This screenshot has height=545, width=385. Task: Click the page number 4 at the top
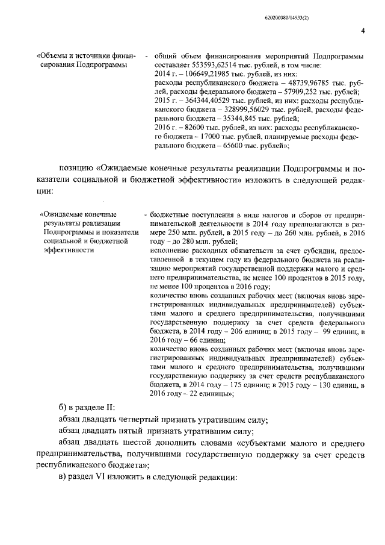click(363, 31)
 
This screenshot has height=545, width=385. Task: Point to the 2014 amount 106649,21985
click(203, 74)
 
